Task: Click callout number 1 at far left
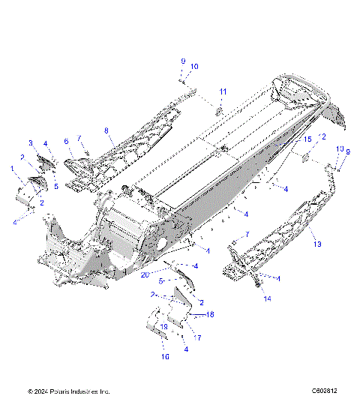[13, 169]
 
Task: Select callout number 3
[31, 142]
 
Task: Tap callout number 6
[66, 140]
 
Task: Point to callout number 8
[106, 130]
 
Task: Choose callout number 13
[316, 244]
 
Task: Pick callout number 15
[306, 140]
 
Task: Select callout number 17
[198, 338]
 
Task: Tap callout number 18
[210, 315]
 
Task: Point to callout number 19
[164, 328]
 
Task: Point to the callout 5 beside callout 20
[160, 281]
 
